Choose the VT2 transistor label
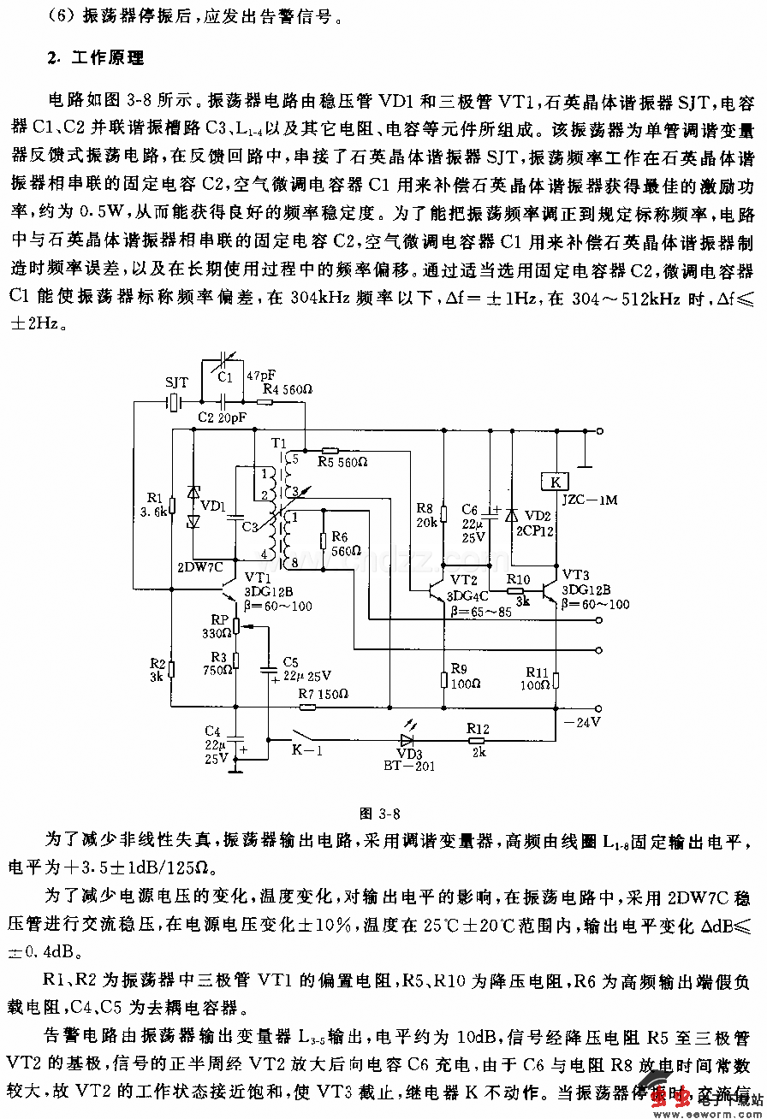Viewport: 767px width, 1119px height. pos(465,579)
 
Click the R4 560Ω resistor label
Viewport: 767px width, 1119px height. pos(288,390)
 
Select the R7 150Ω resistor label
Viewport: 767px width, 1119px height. pos(323,694)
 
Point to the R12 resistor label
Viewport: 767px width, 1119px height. pos(478,728)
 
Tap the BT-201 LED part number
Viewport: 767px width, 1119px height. pos(409,766)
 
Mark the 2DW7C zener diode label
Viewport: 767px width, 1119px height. pos(199,566)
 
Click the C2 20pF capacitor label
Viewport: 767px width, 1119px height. pos(222,417)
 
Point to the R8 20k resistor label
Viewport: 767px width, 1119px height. pos(427,514)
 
